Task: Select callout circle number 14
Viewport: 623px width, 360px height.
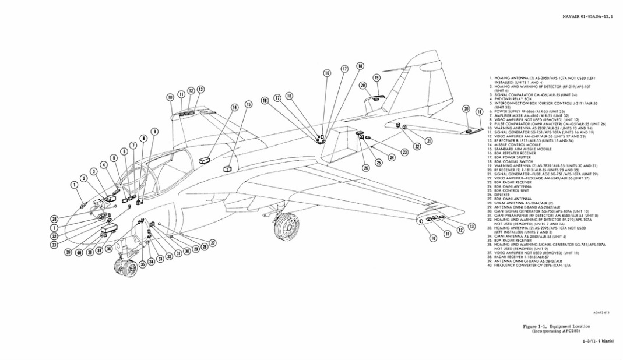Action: click(235, 107)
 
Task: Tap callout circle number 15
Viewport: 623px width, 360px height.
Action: click(249, 104)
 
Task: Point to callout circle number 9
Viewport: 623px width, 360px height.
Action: click(154, 132)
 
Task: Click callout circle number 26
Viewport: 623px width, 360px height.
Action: click(366, 168)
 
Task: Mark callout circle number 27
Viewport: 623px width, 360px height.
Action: click(213, 242)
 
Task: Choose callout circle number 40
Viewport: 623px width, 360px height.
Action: click(79, 252)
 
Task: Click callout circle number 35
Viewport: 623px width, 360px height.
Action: click(142, 263)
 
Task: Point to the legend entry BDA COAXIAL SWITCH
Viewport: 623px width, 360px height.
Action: click(513, 161)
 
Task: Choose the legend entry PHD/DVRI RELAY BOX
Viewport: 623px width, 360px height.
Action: click(512, 99)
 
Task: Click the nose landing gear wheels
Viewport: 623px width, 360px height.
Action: click(125, 269)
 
